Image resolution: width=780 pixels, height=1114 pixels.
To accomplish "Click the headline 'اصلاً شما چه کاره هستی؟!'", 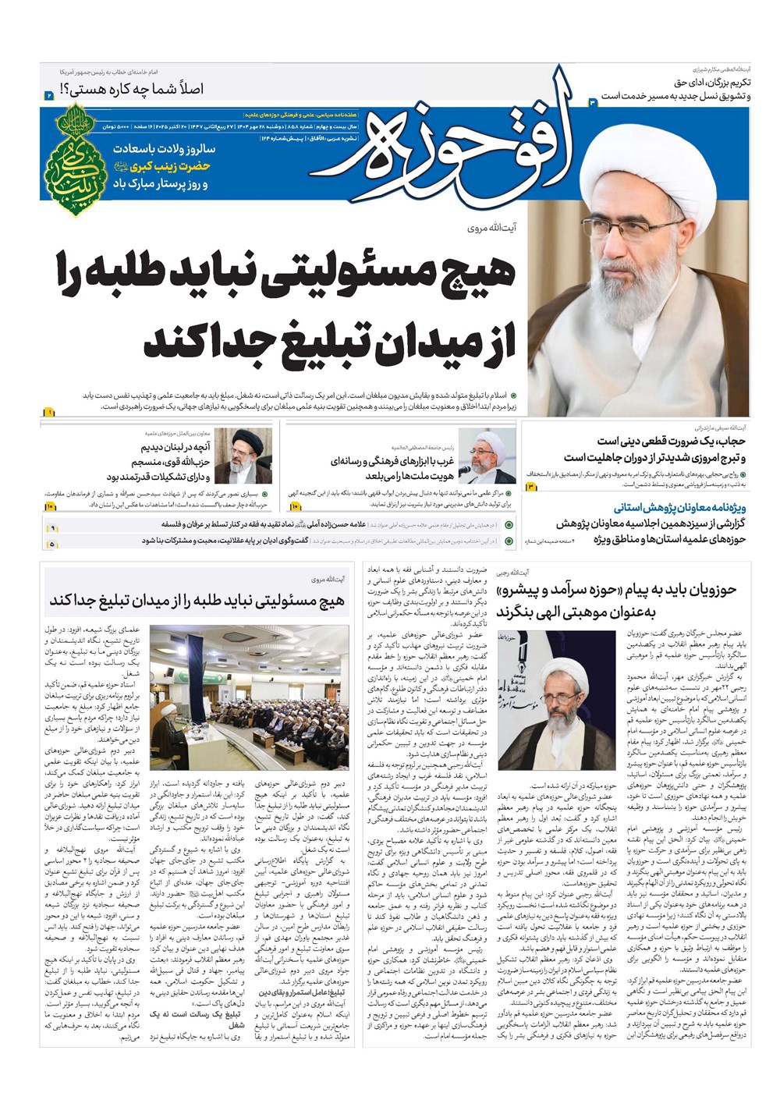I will tap(148, 89).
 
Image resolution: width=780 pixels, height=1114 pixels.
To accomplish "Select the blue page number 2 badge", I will tap(48, 95).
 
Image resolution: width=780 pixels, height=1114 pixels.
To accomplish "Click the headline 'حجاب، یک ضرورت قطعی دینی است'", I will tap(672, 442).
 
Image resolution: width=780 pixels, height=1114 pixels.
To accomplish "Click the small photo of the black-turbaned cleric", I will tap(243, 456).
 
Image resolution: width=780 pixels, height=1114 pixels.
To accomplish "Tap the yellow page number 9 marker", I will tap(52, 528).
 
